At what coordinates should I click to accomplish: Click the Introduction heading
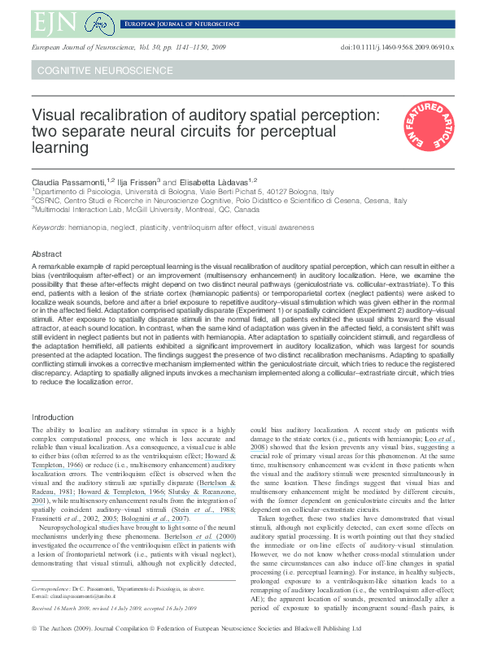point(53,417)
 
